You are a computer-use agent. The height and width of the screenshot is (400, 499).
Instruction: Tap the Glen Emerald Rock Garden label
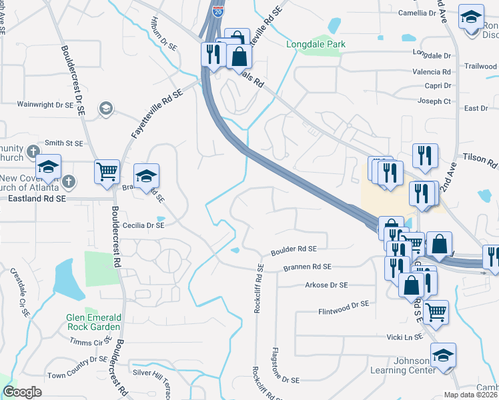(x=93, y=322)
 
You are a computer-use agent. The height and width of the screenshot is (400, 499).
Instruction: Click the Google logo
(x=22, y=392)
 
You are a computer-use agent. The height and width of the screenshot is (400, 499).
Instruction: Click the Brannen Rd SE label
(x=308, y=267)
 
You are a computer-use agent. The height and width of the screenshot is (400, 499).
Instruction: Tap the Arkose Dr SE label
(x=326, y=285)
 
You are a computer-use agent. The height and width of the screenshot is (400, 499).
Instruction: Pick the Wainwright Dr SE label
(x=45, y=105)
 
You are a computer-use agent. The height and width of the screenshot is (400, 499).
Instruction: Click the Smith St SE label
(x=64, y=143)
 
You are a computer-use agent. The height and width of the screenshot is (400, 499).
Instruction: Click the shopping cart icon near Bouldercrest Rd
(x=107, y=173)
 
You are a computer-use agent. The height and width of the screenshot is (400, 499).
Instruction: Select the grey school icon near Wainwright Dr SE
(x=105, y=109)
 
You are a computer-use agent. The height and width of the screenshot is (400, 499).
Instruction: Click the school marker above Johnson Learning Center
(x=443, y=357)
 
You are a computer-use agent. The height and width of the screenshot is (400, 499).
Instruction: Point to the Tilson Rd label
(x=480, y=163)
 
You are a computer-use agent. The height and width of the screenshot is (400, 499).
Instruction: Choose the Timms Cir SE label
(x=91, y=341)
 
